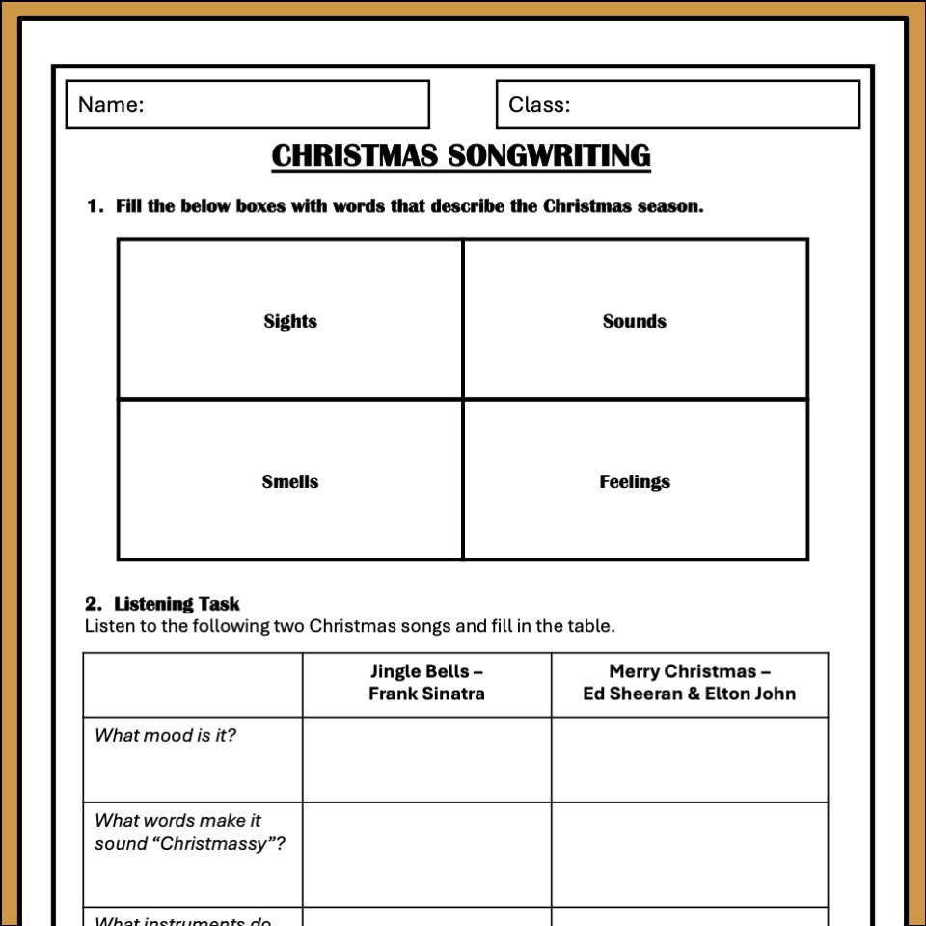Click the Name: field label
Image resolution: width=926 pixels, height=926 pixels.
click(111, 104)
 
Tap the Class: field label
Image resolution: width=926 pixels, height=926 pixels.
click(539, 104)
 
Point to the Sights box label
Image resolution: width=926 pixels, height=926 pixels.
click(290, 321)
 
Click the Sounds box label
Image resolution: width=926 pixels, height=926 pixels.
click(634, 321)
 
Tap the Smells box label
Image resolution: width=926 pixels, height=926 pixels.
click(290, 481)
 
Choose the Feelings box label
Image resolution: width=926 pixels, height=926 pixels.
click(634, 481)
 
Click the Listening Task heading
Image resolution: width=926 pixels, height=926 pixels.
click(177, 604)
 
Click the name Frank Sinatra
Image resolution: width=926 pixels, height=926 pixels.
click(426, 694)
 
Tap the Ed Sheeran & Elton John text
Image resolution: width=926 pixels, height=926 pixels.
click(689, 694)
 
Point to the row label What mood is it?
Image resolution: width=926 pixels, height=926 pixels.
click(165, 735)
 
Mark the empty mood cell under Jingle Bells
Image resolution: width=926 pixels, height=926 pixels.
click(426, 760)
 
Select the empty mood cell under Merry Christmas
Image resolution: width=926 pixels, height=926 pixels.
click(689, 760)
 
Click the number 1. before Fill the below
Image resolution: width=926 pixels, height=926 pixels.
click(95, 205)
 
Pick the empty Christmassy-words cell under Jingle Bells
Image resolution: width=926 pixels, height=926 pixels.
click(426, 855)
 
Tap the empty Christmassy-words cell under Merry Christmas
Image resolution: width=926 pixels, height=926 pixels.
click(689, 855)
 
